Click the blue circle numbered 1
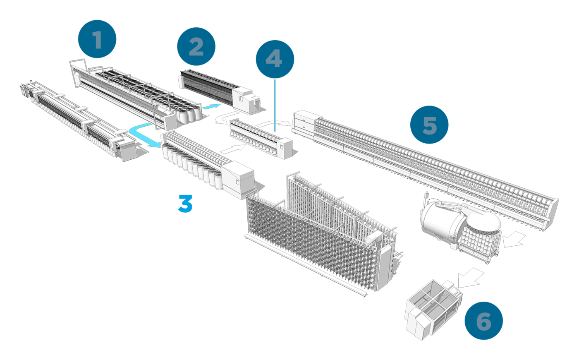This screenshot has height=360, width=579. [x=97, y=40]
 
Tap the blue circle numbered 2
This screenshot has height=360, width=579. [x=196, y=47]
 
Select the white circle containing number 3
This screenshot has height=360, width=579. [x=185, y=203]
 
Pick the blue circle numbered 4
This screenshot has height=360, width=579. [x=275, y=59]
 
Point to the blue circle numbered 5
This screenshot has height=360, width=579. [x=429, y=125]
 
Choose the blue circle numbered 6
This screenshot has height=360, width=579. [x=483, y=321]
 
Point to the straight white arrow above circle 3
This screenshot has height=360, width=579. [x=232, y=149]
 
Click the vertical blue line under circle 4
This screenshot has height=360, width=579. [x=275, y=103]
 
